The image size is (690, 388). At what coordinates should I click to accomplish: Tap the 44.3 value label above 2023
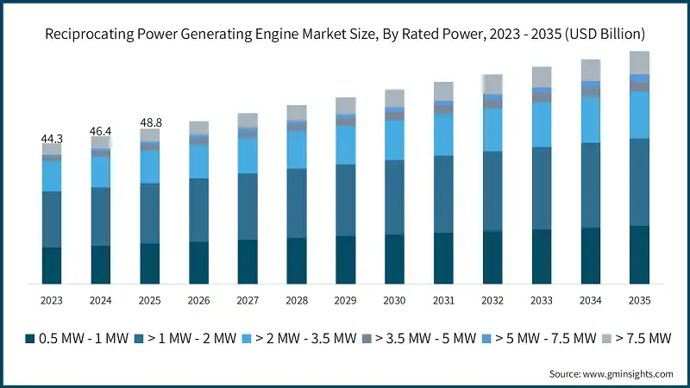pos(52,138)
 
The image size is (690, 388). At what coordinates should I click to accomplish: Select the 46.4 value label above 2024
pos(101,131)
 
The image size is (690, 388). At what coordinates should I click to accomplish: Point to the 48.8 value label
pos(150,123)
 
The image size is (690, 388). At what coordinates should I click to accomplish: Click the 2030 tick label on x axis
pos(394,300)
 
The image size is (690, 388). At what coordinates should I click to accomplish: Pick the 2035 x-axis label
pos(639,300)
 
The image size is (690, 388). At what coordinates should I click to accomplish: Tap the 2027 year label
pos(248,300)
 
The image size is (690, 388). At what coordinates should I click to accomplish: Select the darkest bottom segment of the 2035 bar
pos(639,255)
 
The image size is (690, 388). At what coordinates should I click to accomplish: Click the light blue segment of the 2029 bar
pos(346,145)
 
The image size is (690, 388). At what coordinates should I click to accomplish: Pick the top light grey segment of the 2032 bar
pos(492,84)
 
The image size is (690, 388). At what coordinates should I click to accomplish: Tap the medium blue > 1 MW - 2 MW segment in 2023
pos(52,219)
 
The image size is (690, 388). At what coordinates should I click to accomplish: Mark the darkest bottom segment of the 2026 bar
pos(198,263)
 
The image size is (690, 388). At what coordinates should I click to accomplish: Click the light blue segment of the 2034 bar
pos(591,120)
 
